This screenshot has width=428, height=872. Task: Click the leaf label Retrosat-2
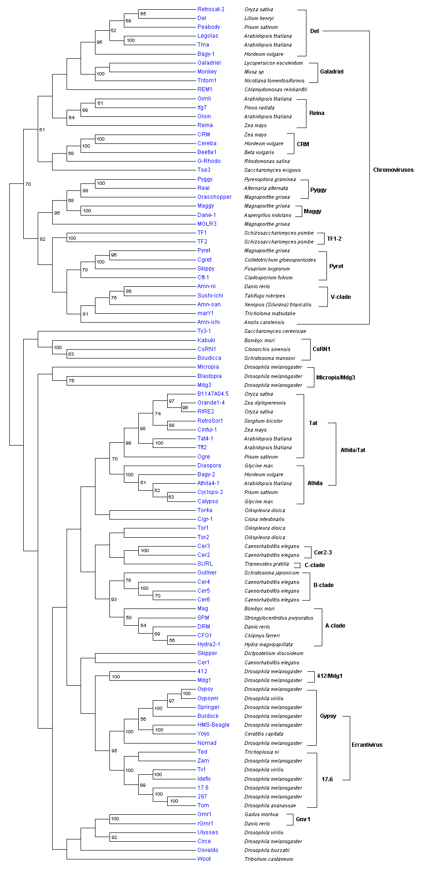click(x=211, y=9)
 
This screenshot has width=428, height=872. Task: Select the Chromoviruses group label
click(x=393, y=170)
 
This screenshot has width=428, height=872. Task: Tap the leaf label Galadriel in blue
click(x=209, y=63)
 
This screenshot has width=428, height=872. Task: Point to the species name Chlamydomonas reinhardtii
click(x=276, y=89)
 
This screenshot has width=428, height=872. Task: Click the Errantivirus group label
click(x=367, y=745)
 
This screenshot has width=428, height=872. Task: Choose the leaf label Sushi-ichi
click(x=210, y=296)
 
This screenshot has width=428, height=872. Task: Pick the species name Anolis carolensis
click(x=264, y=322)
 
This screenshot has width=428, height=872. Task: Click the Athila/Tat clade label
click(x=353, y=450)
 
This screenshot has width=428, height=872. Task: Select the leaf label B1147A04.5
click(x=213, y=394)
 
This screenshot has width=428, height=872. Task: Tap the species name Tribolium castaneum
click(x=269, y=859)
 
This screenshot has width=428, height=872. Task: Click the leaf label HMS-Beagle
click(x=213, y=725)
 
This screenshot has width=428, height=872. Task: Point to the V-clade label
click(x=340, y=297)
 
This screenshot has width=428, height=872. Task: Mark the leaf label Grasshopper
click(x=214, y=197)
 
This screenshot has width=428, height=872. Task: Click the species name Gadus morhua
click(x=261, y=814)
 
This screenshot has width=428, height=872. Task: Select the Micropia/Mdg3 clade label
click(x=335, y=378)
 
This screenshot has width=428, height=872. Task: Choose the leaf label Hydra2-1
click(x=209, y=644)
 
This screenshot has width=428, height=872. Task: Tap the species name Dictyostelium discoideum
click(x=274, y=653)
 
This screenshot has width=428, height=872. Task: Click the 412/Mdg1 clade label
click(x=329, y=676)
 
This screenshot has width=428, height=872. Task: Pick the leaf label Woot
click(x=204, y=859)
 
